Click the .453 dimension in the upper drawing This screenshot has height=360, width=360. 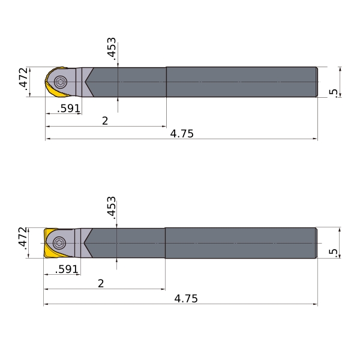tap(112, 49)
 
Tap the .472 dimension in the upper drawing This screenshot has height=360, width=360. tap(23, 78)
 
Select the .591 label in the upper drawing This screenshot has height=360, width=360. tap(68, 109)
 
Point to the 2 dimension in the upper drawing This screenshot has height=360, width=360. tap(105, 121)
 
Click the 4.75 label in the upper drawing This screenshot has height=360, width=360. tap(182, 134)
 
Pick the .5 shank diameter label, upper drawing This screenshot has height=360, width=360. tap(334, 93)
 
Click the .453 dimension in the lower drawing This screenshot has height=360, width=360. tap(112, 208)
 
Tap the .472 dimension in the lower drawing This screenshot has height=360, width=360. tap(23, 238)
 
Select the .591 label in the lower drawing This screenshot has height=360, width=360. tap(67, 269)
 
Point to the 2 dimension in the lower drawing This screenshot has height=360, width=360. tap(101, 284)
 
